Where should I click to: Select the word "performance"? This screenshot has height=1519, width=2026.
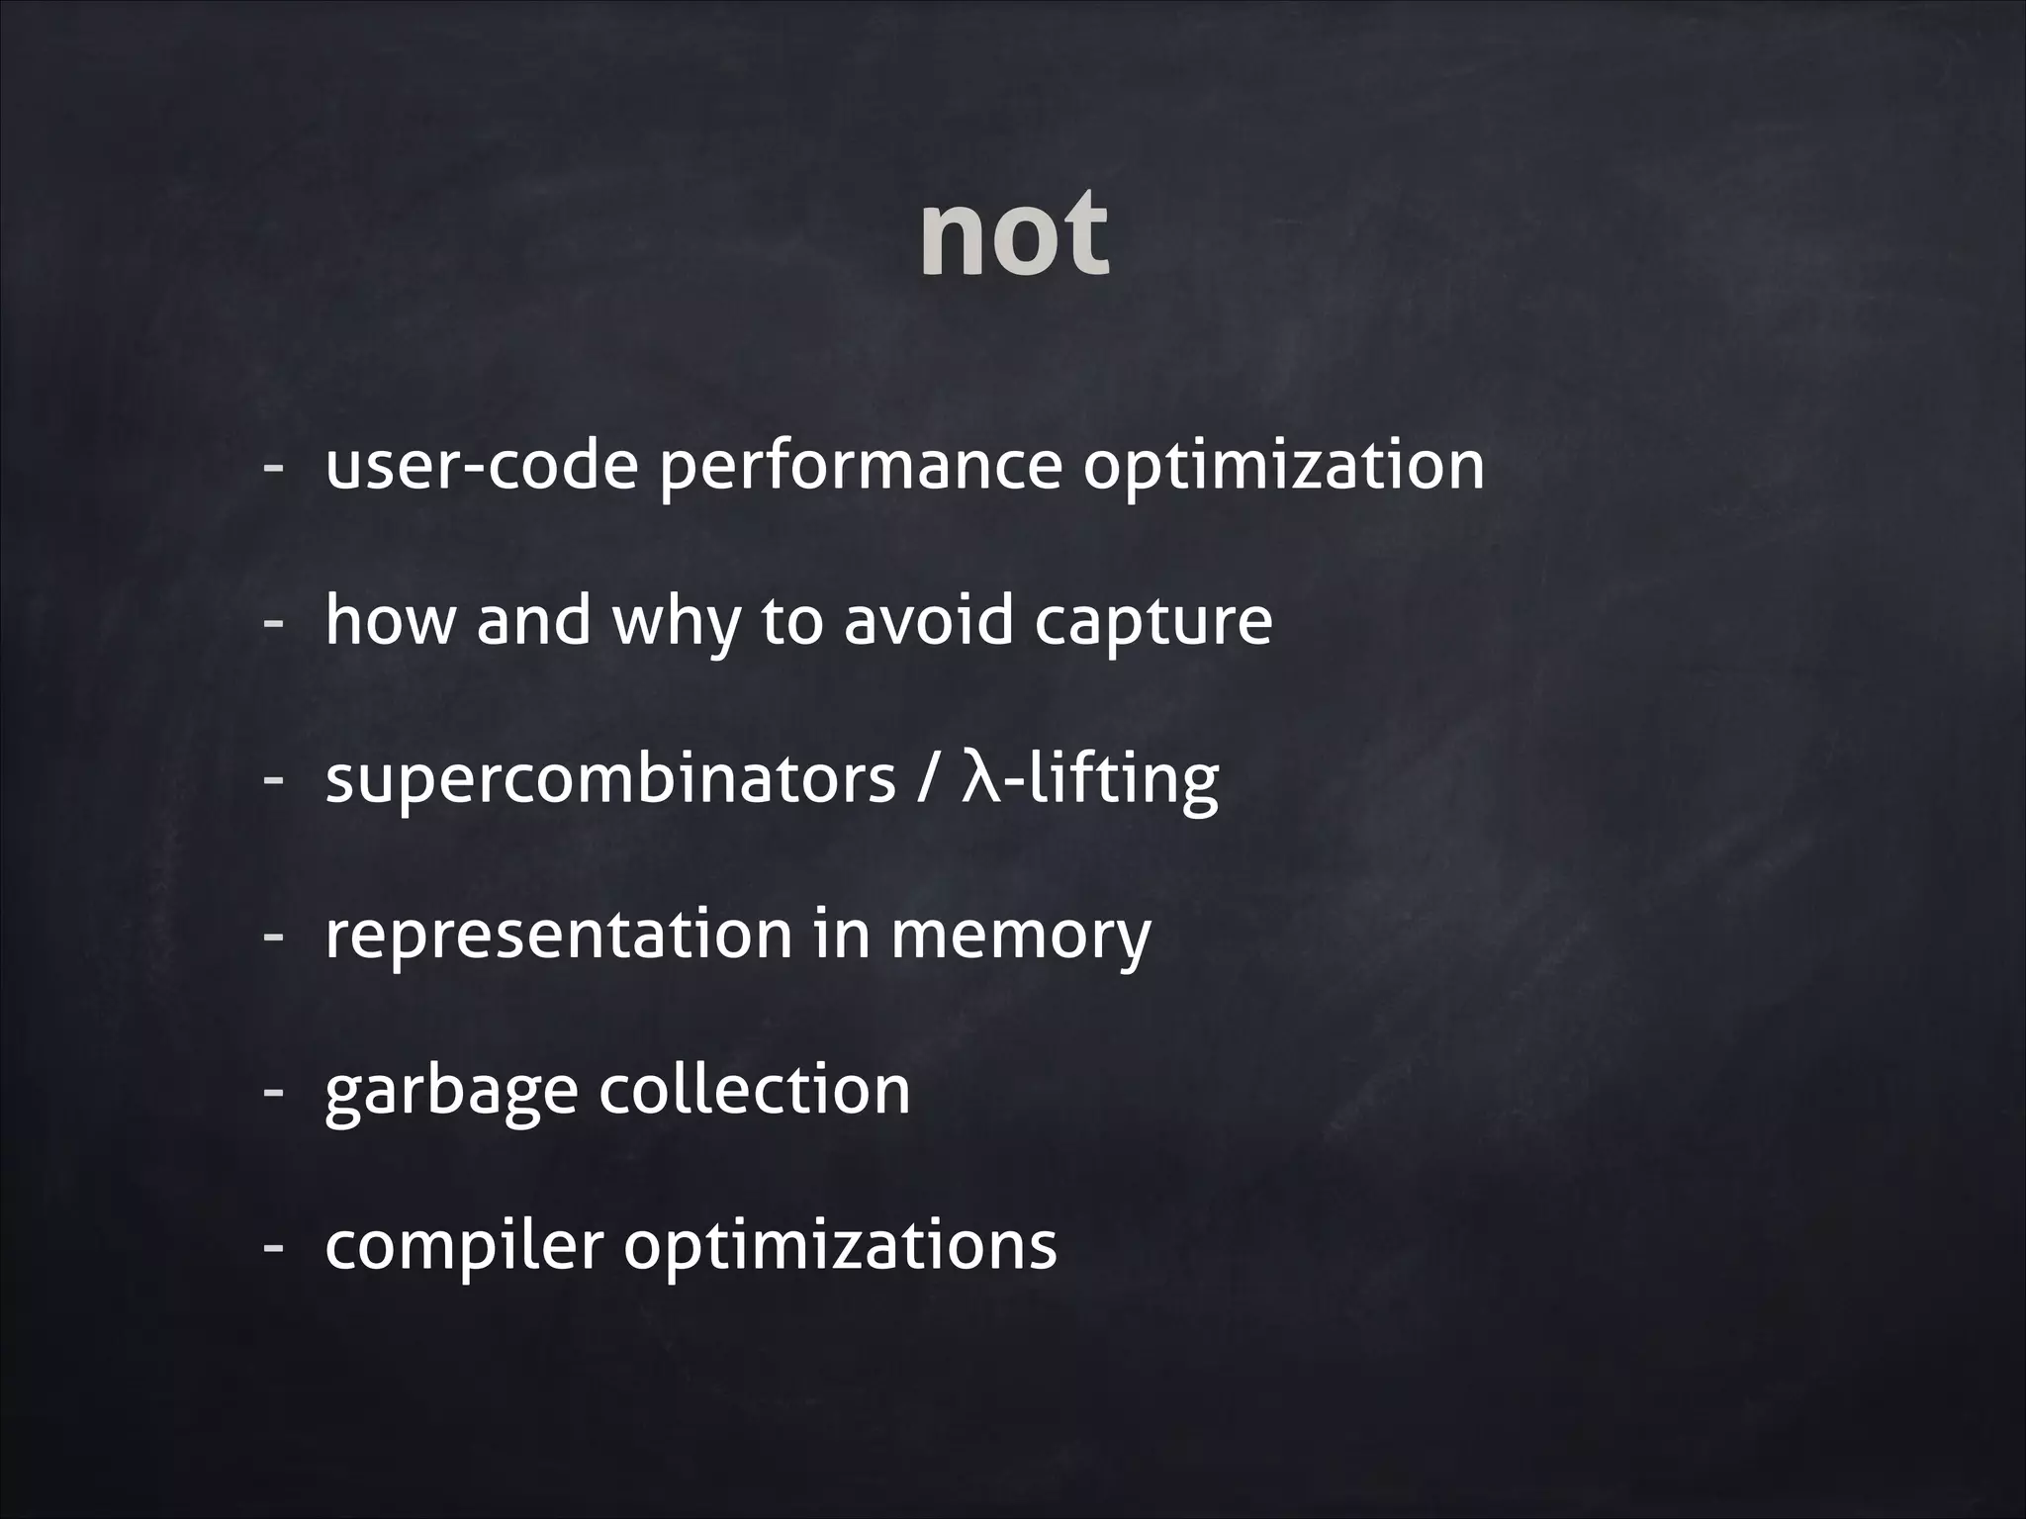(860, 466)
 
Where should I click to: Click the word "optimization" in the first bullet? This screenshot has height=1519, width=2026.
(1283, 466)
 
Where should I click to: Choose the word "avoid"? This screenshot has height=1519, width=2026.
(929, 621)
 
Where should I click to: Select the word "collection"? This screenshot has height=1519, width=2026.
(755, 1089)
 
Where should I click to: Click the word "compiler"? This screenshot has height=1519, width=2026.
(463, 1246)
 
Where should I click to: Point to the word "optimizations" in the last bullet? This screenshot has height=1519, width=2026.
(840, 1246)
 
